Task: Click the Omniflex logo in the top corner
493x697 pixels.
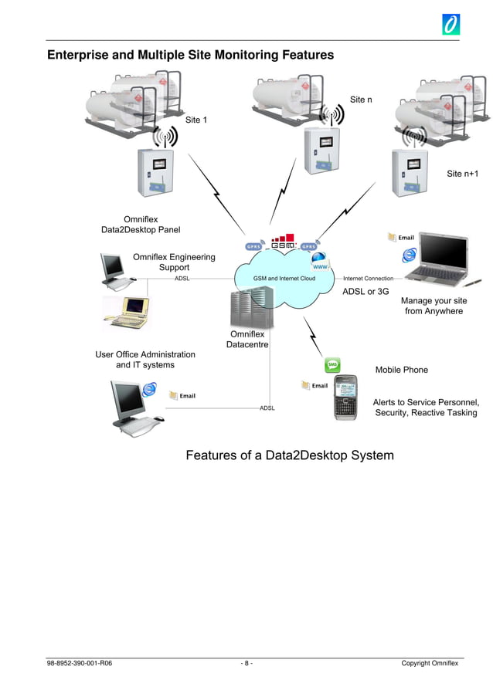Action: coord(450,24)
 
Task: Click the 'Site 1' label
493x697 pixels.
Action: coord(196,120)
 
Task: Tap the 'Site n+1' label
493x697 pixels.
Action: coord(462,174)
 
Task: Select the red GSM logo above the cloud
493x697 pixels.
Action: coord(283,242)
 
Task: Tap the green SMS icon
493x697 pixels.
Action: coord(332,364)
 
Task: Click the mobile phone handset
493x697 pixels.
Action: coord(345,398)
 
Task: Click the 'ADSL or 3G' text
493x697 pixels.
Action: coord(365,292)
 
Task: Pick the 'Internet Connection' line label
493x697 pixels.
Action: coord(368,278)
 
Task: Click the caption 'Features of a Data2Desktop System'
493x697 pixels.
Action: coord(289,455)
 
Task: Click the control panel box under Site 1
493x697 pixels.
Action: coord(159,171)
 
